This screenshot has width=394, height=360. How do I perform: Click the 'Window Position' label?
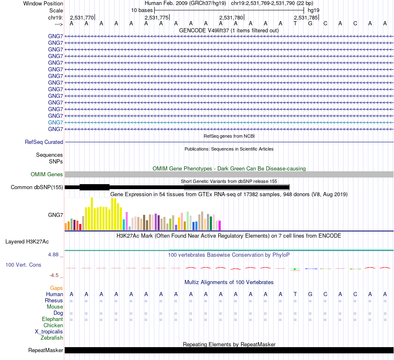tap(43, 3)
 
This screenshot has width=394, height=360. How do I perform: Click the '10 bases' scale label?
tap(142, 10)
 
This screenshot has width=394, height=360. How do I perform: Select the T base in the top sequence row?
tap(295, 23)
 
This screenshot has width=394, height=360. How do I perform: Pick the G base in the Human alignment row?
tap(310, 294)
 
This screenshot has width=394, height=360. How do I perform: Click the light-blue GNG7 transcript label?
tap(56, 122)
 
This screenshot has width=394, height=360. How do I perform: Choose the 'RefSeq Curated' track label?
tap(44, 142)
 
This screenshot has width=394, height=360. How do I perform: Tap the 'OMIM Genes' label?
tap(47, 175)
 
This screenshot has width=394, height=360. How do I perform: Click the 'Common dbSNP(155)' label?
tap(37, 187)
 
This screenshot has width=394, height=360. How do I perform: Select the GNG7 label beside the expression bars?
tap(56, 215)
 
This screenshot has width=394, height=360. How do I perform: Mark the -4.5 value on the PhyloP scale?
tap(56, 275)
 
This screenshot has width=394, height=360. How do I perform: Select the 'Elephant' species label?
tap(52, 319)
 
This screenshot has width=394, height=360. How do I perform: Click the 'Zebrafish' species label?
tap(52, 338)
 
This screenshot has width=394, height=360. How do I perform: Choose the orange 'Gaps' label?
tap(56, 288)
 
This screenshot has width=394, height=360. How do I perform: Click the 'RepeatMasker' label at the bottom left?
tap(46, 350)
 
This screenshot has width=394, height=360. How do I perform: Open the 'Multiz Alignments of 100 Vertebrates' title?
tap(229, 282)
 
